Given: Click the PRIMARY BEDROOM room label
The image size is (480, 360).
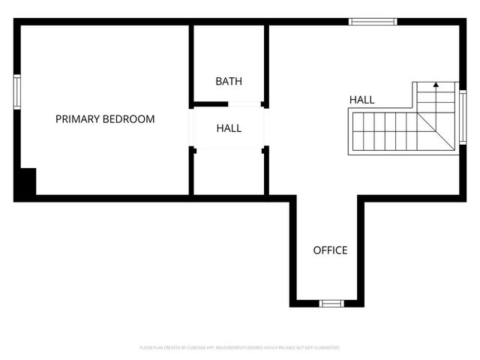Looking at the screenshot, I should pyautogui.click(x=105, y=119).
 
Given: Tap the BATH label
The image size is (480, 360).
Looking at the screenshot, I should pyautogui.click(x=229, y=81).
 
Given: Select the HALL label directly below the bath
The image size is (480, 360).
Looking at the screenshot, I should pyautogui.click(x=229, y=128).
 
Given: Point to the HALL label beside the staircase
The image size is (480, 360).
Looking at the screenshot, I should pyautogui.click(x=361, y=100).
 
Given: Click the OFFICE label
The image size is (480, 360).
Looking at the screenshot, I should pyautogui.click(x=330, y=250).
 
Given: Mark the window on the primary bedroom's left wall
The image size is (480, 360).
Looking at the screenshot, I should pyautogui.click(x=16, y=92).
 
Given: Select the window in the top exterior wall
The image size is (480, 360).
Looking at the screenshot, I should pyautogui.click(x=372, y=22).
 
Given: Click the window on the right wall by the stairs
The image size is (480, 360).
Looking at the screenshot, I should pyautogui.click(x=463, y=116).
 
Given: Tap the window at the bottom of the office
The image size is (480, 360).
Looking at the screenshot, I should pyautogui.click(x=331, y=303).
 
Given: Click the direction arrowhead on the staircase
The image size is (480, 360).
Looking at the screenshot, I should pyautogui.click(x=436, y=86).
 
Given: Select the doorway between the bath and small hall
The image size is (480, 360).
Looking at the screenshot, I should pyautogui.click(x=229, y=103).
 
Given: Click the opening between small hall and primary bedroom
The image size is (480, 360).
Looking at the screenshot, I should pyautogui.click(x=192, y=128).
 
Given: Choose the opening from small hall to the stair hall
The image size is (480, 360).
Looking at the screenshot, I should pyautogui.click(x=265, y=128).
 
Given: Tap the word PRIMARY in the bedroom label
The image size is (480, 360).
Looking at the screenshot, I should pyautogui.click(x=77, y=119).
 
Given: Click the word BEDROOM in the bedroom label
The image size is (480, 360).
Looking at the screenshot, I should pyautogui.click(x=128, y=119).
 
